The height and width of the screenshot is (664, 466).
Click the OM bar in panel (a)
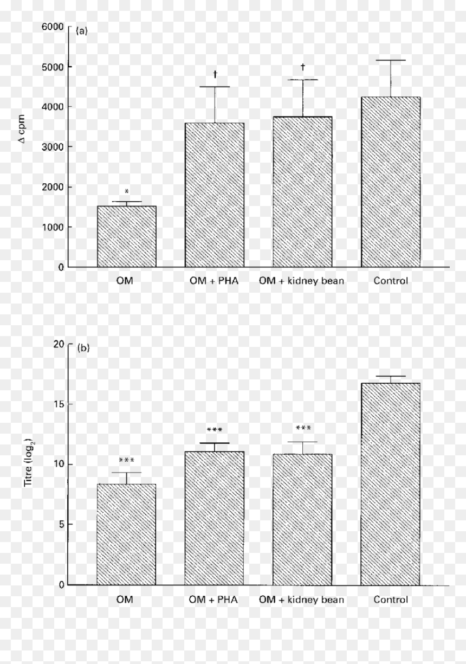127,236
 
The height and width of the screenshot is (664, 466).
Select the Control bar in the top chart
391,182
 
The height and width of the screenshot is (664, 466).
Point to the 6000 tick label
53,27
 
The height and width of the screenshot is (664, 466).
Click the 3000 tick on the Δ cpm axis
53,147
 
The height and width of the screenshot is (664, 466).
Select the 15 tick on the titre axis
59,404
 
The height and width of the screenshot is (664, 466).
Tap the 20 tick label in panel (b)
59,344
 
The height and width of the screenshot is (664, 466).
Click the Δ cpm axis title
22,129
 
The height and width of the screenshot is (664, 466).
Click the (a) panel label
82,31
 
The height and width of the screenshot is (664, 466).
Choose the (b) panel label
83,347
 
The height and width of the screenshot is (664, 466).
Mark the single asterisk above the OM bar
127,191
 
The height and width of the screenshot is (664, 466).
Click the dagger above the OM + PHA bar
215,74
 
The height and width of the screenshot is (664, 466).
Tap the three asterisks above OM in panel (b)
126,460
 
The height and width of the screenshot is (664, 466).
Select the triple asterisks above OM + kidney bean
303,428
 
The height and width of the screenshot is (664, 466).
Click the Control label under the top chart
391,280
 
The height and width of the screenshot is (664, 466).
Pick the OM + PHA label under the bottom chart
213,599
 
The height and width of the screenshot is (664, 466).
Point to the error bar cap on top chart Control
391,60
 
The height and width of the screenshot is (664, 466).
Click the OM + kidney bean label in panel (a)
302,281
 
